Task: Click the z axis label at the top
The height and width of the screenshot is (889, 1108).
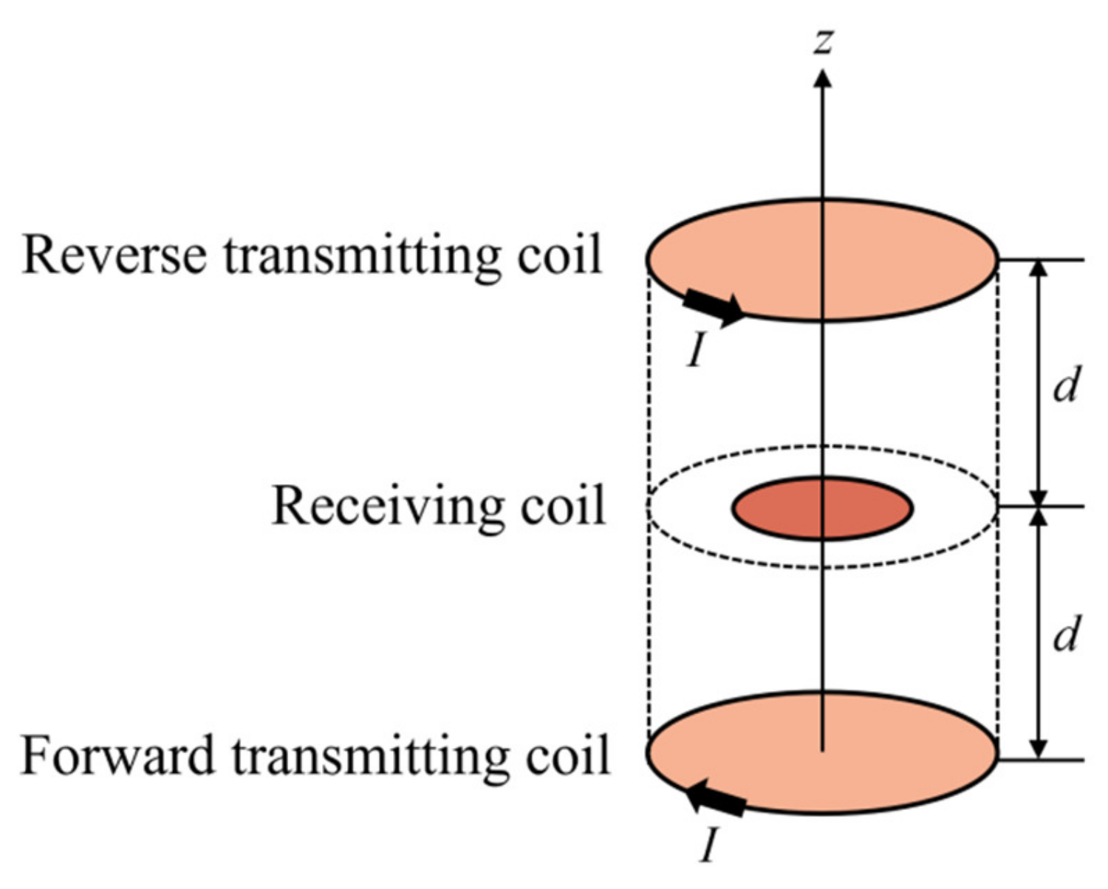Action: point(822,41)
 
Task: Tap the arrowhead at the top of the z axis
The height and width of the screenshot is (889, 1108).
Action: point(822,78)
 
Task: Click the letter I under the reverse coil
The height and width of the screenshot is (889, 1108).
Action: point(695,349)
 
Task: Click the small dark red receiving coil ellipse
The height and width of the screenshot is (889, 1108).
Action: point(822,508)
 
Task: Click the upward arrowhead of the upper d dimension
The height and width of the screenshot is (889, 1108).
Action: point(1039,268)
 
